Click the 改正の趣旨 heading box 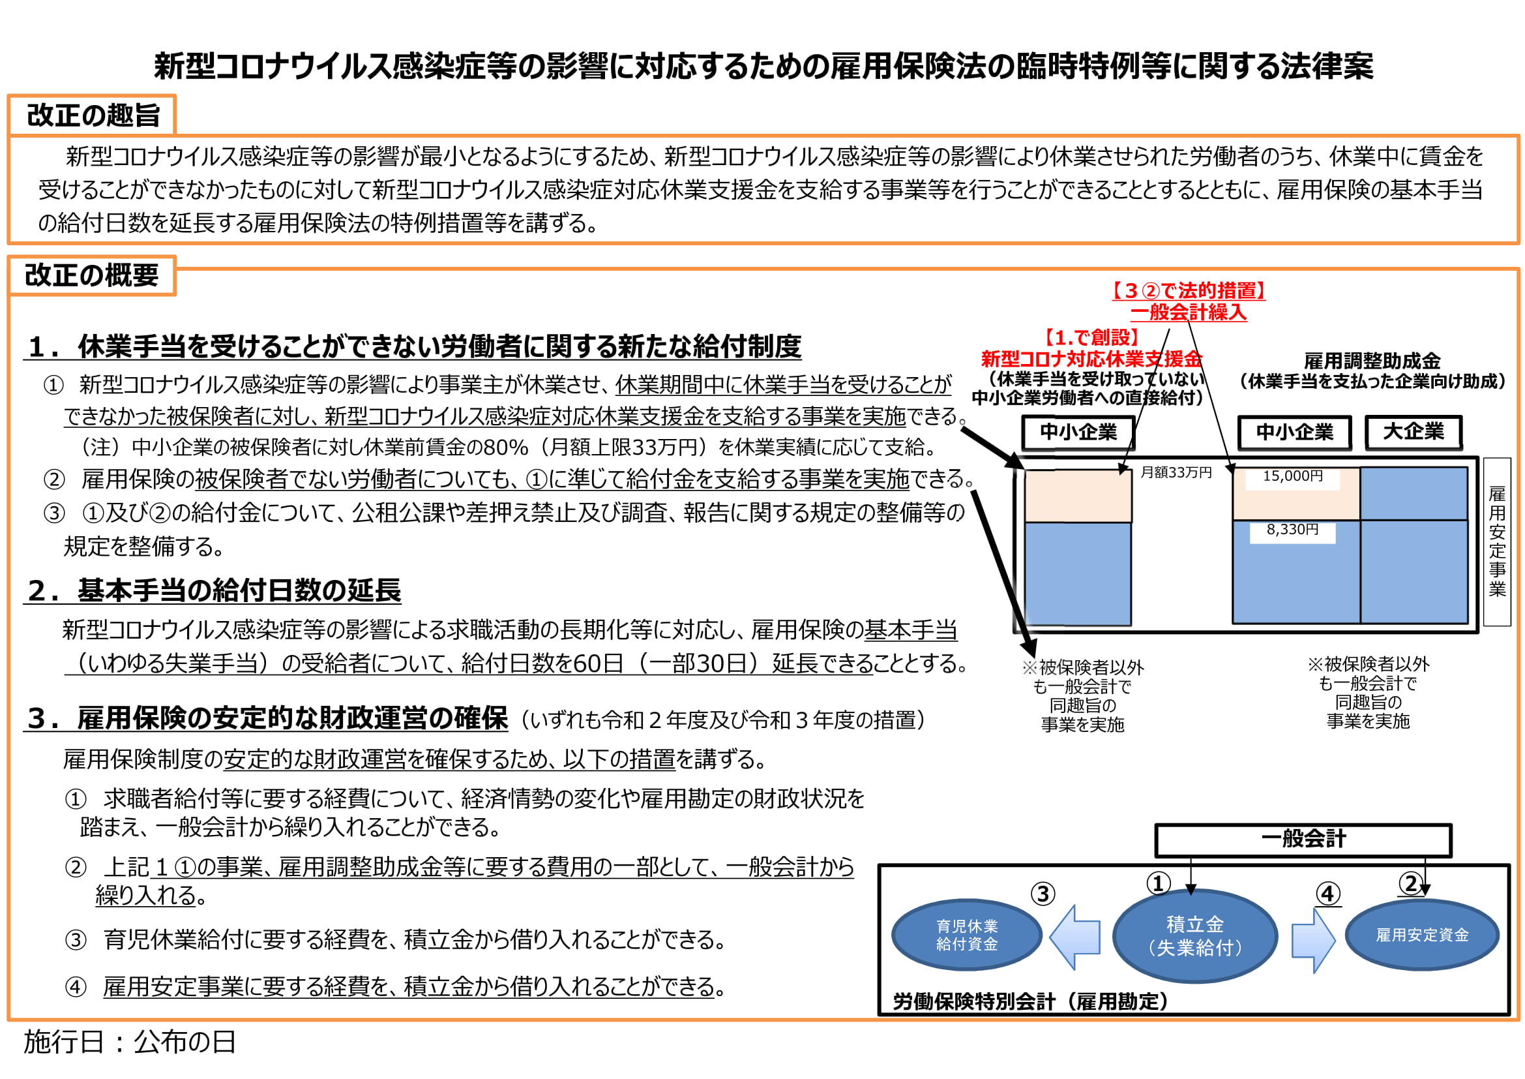92,115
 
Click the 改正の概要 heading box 92,275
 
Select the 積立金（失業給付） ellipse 1195,935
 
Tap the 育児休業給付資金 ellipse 966,935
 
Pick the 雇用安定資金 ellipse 1422,935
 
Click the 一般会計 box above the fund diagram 1303,840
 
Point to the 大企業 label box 1414,432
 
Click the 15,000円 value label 1292,476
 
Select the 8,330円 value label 1292,530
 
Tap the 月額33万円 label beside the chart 1176,472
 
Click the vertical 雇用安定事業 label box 1497,541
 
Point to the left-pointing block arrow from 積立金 1074,937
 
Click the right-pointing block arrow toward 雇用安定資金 1313,940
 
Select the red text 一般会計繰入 1189,312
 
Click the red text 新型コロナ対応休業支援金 1091,359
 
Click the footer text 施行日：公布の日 130,1042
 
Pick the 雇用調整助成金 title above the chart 1372,361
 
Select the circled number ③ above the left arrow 1043,894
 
